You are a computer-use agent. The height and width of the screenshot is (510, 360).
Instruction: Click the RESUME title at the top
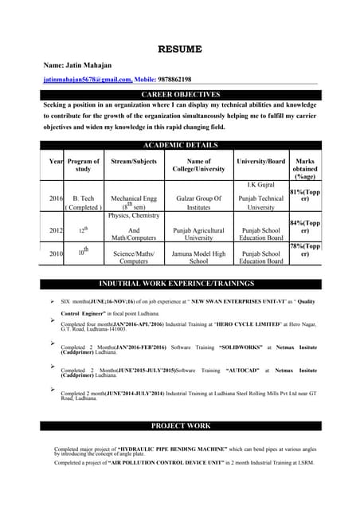180,49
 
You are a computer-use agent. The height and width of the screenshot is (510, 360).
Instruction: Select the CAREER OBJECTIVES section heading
180,95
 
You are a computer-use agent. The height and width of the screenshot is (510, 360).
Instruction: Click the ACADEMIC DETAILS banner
180,144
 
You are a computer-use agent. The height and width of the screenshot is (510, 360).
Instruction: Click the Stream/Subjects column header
134,162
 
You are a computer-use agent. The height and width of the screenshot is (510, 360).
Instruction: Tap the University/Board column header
260,162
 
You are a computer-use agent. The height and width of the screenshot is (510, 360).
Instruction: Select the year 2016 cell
56,198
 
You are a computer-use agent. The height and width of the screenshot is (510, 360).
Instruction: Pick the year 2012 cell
56,230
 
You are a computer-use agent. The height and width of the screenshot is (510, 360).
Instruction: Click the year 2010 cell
56,253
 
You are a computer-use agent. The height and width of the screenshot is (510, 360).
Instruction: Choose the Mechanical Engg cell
134,198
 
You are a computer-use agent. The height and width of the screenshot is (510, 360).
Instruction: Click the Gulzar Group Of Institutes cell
198,202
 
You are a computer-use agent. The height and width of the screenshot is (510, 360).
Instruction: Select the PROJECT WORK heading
180,426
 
